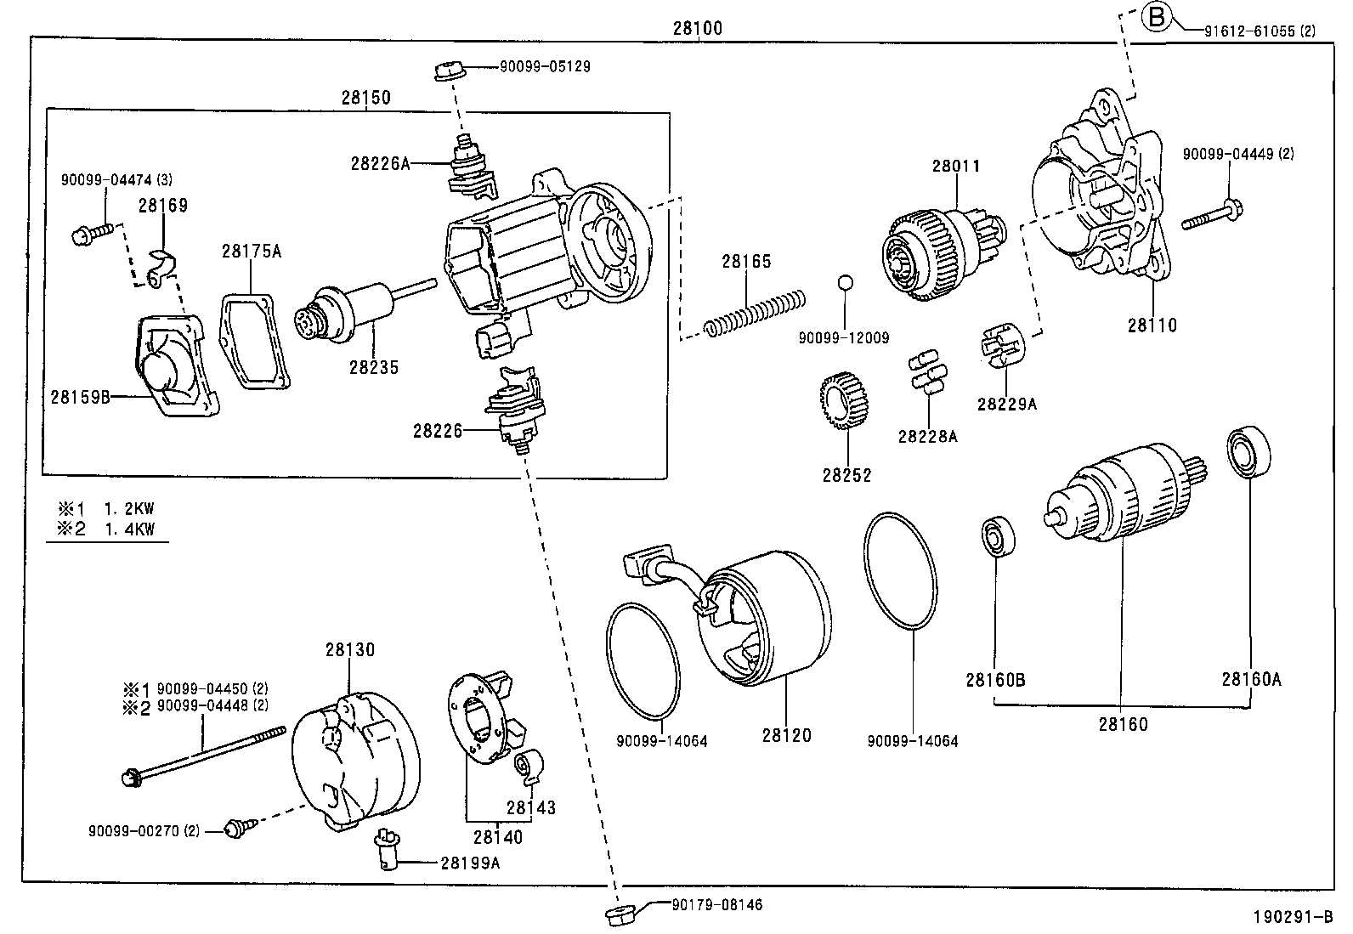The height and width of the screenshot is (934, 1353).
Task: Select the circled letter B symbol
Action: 1158,17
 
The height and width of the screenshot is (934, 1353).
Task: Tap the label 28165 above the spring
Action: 746,262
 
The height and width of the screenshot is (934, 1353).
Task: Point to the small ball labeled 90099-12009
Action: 843,283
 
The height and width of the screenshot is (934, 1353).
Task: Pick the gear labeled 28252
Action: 846,403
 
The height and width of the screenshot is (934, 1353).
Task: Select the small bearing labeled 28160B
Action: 994,536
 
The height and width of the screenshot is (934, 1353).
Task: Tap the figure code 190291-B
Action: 1291,918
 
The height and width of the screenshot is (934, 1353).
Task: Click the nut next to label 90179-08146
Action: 618,915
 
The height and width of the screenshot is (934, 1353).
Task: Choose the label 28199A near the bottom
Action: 470,863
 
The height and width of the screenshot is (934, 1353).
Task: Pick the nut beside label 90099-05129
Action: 446,71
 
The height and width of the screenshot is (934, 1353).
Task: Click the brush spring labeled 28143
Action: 529,767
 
